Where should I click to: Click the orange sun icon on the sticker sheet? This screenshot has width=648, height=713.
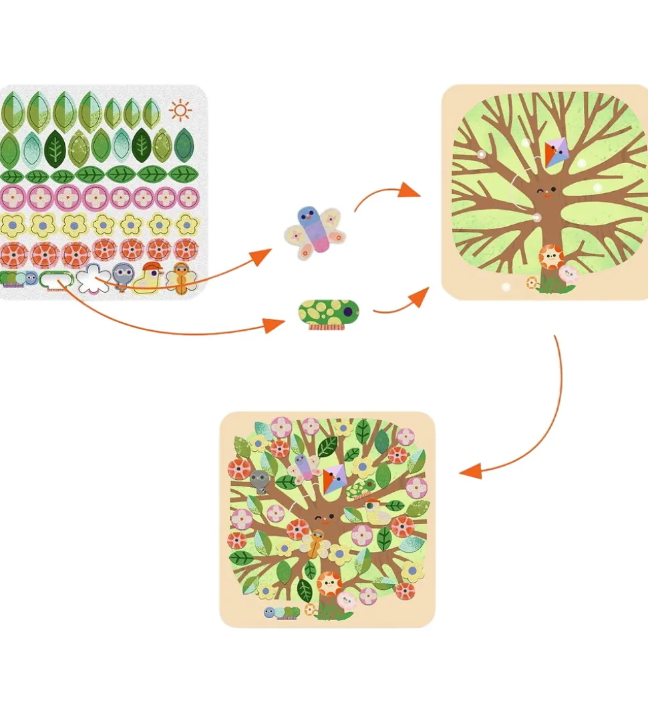180,110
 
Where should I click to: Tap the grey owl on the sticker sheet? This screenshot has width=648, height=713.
122,275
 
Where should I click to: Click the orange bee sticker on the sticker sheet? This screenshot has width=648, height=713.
180,277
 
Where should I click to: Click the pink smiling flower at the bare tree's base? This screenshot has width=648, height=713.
568,273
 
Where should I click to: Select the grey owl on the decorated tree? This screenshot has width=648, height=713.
259,480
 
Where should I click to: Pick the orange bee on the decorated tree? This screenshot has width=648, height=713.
314,543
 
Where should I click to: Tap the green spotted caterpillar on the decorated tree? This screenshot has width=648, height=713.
361,489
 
